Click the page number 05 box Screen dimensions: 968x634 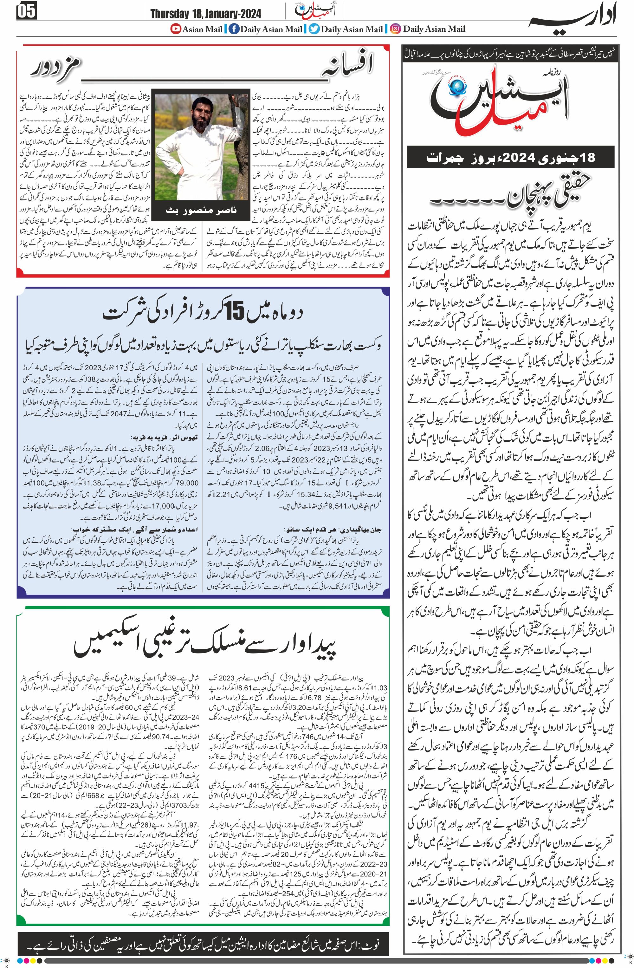click(x=26, y=12)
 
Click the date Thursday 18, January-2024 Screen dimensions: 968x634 click(x=205, y=14)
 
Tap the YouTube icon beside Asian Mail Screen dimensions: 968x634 click(x=175, y=29)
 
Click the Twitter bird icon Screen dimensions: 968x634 click(x=314, y=29)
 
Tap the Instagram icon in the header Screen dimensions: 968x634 click(x=395, y=29)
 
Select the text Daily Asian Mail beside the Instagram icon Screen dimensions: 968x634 click(x=434, y=29)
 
